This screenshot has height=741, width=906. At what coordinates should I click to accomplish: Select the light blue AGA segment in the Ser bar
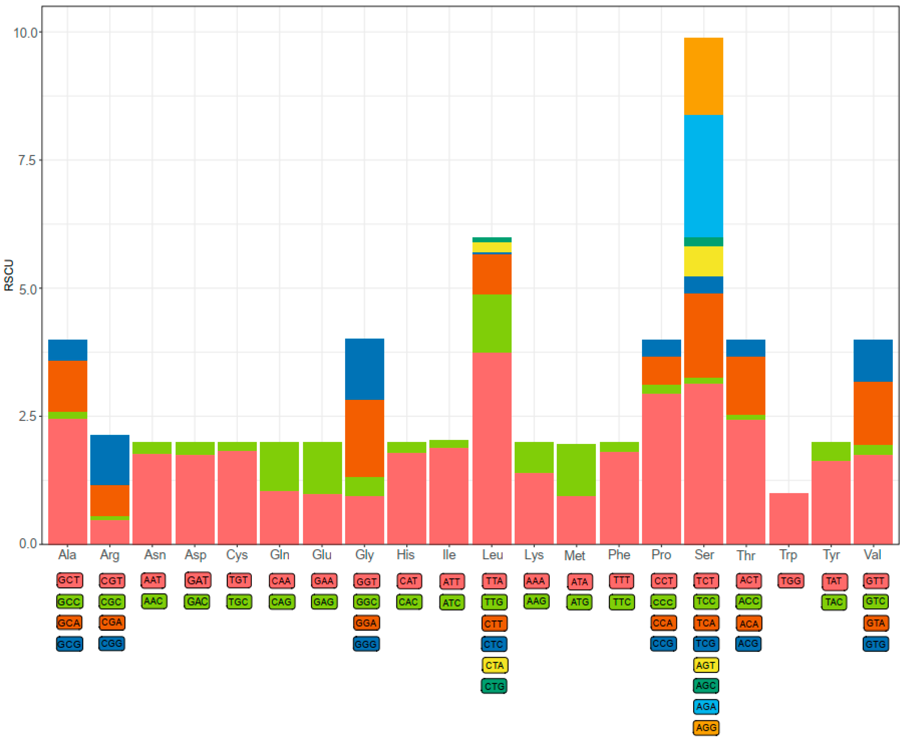(703, 176)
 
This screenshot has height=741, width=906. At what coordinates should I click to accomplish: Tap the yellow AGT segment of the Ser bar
(703, 261)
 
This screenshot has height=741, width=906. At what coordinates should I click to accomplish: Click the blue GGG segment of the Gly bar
(364, 369)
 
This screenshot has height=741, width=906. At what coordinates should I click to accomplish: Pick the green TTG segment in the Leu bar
(491, 323)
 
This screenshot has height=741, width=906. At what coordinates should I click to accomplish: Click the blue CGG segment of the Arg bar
(110, 460)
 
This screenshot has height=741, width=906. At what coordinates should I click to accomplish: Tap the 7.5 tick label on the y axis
(26, 160)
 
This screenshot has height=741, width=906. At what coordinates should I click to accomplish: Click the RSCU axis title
(9, 275)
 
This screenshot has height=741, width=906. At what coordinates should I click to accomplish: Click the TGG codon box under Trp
(791, 581)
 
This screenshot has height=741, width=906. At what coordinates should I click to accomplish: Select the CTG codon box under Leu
(494, 686)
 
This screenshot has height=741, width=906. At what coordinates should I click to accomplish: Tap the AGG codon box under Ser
(706, 728)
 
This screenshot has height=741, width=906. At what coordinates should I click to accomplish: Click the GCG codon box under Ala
(69, 644)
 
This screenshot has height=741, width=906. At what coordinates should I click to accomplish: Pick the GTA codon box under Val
(875, 623)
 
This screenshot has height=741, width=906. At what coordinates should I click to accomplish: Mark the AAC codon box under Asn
(154, 601)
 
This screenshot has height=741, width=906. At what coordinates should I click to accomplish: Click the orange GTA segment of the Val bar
(873, 413)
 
